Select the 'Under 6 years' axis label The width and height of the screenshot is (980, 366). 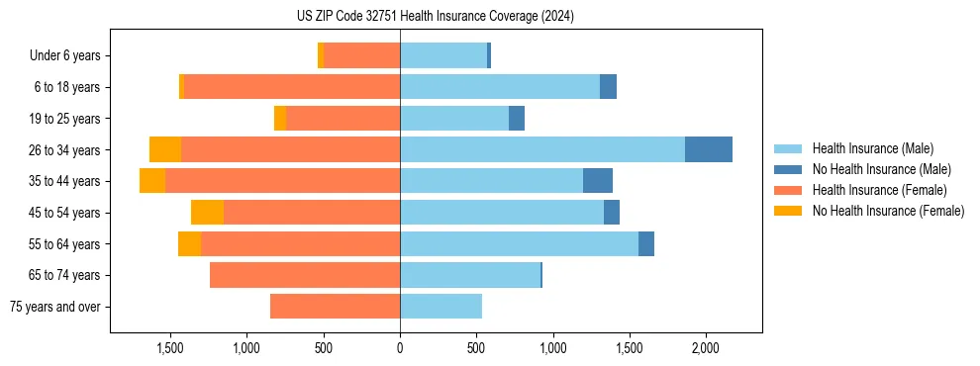tap(64, 55)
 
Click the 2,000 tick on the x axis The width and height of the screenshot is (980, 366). tap(705, 348)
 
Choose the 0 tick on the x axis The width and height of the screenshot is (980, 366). tap(400, 348)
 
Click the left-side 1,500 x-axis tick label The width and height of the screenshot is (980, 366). tap(170, 348)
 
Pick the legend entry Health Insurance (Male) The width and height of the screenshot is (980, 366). tap(872, 148)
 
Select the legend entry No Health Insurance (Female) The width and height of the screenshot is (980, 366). tap(888, 211)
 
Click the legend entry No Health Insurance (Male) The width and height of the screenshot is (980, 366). tap(881, 169)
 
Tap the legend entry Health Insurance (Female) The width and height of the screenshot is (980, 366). tap(879, 190)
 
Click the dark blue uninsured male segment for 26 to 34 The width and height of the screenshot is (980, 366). tap(709, 149)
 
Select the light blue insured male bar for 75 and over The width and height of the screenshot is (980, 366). tap(441, 307)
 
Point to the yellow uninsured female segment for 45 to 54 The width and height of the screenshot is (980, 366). tap(207, 212)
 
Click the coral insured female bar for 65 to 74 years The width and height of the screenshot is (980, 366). tap(305, 275)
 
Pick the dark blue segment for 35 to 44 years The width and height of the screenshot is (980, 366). tap(598, 181)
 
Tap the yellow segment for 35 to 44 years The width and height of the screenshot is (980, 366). tap(152, 181)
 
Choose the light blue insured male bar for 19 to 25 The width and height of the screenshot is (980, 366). tap(454, 119)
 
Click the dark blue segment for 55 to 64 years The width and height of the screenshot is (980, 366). tap(646, 243)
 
